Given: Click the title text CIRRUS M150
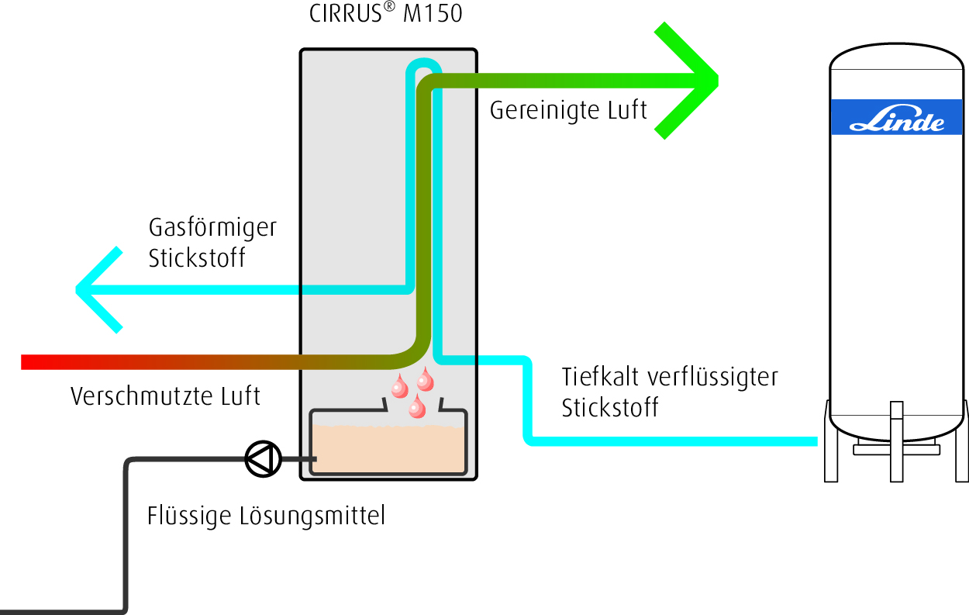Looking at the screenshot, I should click(385, 14).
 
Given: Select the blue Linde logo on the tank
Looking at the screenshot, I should click(897, 116).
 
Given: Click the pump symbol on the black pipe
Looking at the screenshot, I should click(262, 458).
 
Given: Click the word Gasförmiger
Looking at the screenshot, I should click(212, 229).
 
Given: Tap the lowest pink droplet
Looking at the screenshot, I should click(418, 407).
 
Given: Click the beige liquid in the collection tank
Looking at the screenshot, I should click(388, 450).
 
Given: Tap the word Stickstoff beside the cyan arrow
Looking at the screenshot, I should click(197, 258).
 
